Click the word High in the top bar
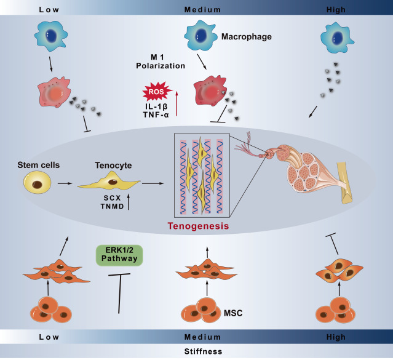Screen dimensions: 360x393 tap(354, 9)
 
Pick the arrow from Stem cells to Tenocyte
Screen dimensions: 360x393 tap(63, 183)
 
